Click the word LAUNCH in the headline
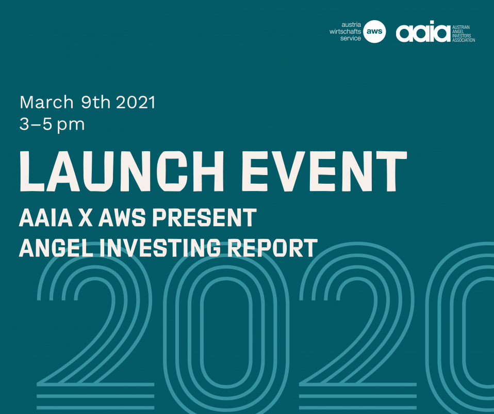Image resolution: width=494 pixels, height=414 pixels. point(122,171)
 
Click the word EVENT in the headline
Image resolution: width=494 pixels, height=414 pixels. point(324,171)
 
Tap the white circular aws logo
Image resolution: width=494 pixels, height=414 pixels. point(374,31)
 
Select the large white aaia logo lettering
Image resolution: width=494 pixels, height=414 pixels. point(423,31)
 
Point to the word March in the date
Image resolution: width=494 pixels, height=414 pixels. point(46,103)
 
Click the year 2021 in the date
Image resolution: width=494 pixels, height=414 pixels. point(136,103)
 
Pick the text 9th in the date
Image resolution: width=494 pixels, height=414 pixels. point(96,103)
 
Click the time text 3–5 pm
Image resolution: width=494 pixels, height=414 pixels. point(52,124)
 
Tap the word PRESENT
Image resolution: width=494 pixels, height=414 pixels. point(205,217)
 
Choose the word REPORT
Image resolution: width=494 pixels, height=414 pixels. point(272,247)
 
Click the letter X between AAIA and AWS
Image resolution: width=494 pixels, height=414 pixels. point(86,217)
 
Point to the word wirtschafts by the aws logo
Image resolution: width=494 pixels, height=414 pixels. point(345,31)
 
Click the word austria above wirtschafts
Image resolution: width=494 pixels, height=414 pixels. point(351,25)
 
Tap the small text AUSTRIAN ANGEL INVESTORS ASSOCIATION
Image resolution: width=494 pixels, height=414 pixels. point(464,34)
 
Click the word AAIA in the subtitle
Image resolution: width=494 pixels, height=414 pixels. point(46,217)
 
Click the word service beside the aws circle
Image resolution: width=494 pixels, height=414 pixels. point(350,39)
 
